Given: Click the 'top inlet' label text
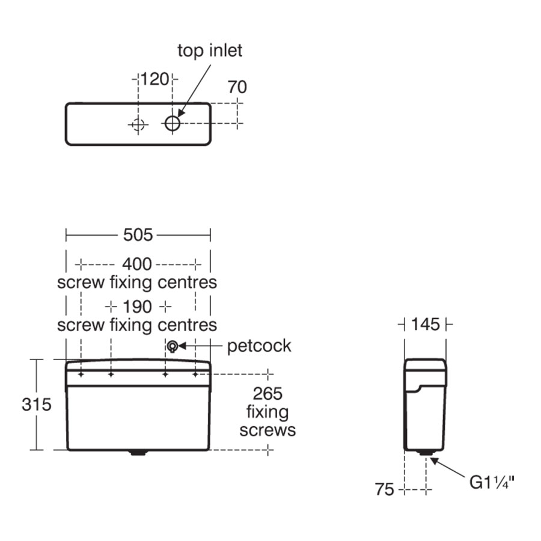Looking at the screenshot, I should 210,50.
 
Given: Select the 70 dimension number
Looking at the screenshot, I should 237,87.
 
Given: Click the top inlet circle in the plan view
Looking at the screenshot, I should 173,123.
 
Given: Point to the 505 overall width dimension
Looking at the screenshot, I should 138,235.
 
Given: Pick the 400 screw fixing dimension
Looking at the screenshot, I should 138,264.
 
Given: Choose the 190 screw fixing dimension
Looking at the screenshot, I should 138,307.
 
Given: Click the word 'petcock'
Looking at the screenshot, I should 258,346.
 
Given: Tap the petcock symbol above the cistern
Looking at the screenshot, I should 173,346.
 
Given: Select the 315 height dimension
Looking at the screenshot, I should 36,405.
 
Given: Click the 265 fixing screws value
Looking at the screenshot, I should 267,394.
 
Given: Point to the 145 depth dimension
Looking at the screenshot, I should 426,325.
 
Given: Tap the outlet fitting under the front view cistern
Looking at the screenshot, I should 138,452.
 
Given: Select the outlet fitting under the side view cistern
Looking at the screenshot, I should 426,452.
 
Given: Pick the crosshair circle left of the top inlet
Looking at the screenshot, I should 138,124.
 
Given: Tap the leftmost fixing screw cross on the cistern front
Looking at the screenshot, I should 81,375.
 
